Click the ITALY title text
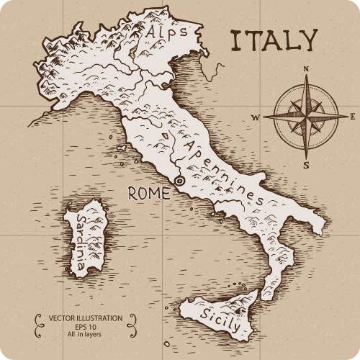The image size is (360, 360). point(274,40)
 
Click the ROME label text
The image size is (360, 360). point(149,193)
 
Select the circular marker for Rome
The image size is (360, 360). point(179,181)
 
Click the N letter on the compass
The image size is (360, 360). point(306,70)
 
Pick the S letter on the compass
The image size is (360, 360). point(306,165)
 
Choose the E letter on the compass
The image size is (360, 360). point(352,117)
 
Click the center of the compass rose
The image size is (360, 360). point(305,116)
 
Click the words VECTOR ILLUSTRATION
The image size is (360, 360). point(85,318)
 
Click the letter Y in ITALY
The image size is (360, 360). point(307,40)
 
